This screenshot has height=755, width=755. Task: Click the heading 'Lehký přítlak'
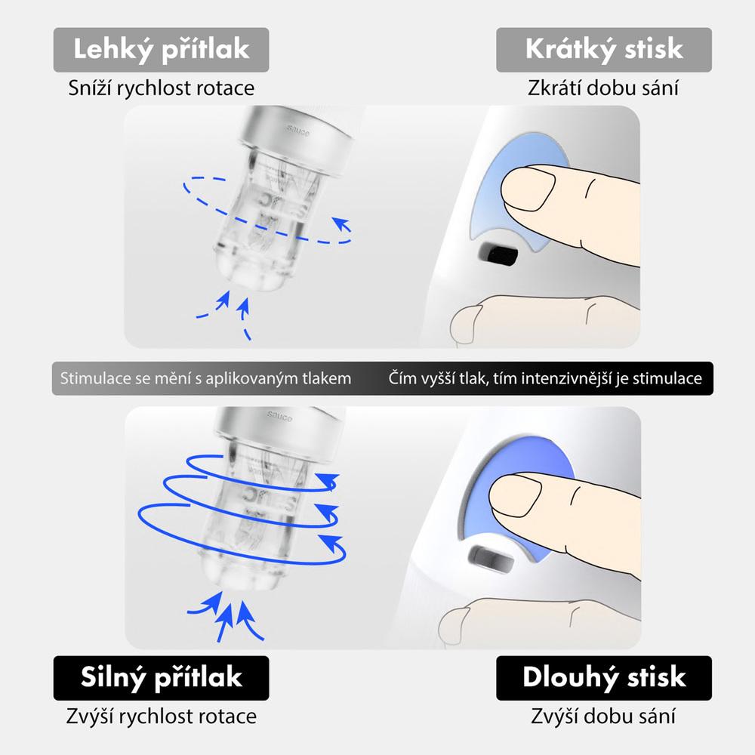162,50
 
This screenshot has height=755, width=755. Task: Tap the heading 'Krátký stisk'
604,49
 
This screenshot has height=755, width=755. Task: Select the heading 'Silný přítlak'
162,677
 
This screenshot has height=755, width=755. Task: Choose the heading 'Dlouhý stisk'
604,677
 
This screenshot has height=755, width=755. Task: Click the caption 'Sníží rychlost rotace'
162,88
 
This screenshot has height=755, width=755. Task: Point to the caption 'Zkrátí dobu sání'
602,88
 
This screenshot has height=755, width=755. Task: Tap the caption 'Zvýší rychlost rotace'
162,716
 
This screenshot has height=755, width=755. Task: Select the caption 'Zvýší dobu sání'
602,716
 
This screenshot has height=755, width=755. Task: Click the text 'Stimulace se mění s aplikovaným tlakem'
205,378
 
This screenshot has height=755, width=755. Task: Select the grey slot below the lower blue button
491,559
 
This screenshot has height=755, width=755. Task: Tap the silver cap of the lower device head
279,426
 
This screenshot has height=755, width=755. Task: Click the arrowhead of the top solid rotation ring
328,480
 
